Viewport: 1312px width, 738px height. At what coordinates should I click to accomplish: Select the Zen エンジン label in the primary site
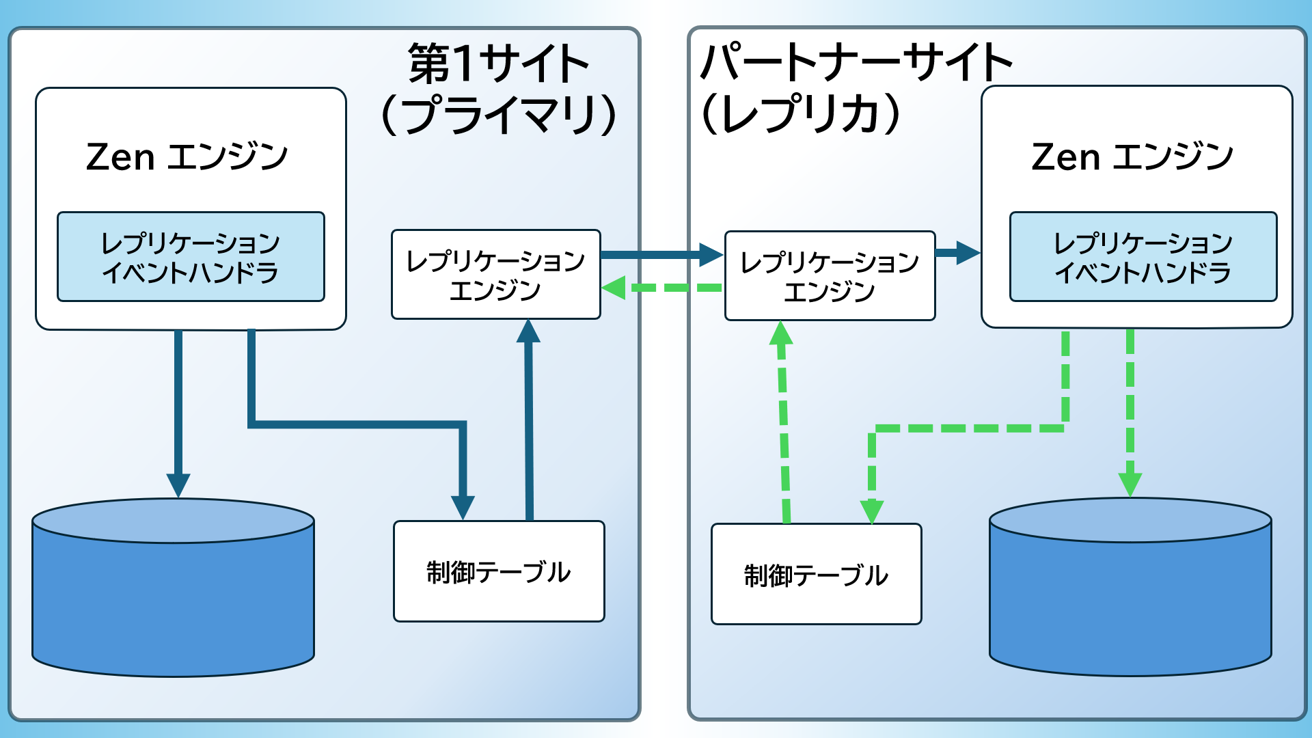point(187,157)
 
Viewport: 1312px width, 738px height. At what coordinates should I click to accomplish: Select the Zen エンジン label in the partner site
point(1132,157)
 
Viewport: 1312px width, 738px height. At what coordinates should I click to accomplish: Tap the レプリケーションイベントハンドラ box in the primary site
point(191,257)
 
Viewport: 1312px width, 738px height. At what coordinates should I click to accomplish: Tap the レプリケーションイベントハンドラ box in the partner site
point(1143,257)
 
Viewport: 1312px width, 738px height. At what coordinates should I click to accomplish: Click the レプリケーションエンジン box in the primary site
point(495,275)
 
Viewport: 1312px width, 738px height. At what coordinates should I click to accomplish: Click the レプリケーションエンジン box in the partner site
point(830,276)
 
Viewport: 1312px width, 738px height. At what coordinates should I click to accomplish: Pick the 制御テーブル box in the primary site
point(499,571)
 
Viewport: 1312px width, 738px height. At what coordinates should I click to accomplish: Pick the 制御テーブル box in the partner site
point(816,574)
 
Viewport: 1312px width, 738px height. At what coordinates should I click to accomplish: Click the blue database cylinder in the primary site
point(173,594)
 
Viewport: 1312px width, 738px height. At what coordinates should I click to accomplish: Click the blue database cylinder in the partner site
point(1130,594)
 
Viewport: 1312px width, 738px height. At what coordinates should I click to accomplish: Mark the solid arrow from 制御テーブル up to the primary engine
point(529,424)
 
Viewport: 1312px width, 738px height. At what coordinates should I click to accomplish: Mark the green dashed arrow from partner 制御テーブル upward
point(784,424)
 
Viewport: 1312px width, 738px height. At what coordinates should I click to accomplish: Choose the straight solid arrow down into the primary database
point(178,410)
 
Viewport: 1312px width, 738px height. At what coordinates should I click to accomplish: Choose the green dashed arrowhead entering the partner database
point(1130,484)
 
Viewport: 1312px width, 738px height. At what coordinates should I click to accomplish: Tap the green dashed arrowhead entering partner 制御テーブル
point(872,511)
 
